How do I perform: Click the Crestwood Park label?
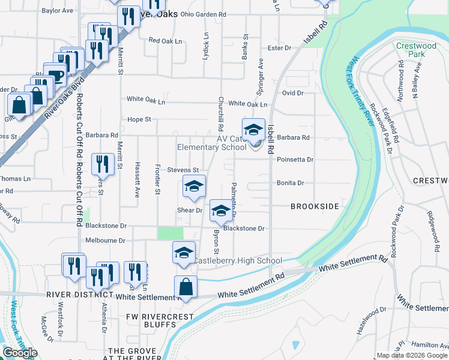[x=416, y=50]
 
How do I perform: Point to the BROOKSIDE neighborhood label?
[x=315, y=206]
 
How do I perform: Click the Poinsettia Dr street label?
[x=295, y=160]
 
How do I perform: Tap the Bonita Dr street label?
[x=291, y=183]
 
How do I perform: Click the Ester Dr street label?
[x=279, y=47]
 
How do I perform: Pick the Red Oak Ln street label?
[x=164, y=41]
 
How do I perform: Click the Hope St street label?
[x=139, y=119]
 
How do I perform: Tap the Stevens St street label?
[x=182, y=170]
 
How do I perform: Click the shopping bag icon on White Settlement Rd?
[x=186, y=287]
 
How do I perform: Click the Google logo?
[x=20, y=353]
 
